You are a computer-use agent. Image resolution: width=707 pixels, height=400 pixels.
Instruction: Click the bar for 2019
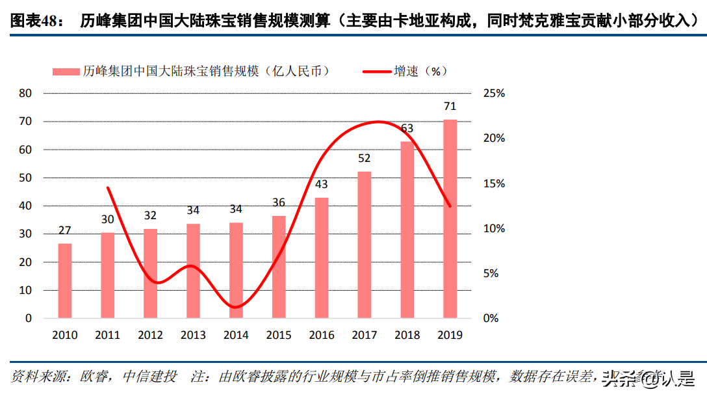pyautogui.click(x=450, y=219)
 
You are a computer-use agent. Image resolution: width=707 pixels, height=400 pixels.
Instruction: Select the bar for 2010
pyautogui.click(x=65, y=280)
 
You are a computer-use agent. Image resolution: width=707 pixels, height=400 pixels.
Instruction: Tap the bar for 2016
pyautogui.click(x=322, y=258)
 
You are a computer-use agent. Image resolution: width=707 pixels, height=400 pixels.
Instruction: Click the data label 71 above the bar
pyautogui.click(x=450, y=106)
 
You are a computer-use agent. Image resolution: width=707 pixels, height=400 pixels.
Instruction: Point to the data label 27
pyautogui.click(x=65, y=230)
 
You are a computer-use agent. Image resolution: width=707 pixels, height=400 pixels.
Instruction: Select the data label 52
pyautogui.click(x=365, y=158)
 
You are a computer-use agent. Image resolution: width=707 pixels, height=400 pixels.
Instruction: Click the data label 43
pyautogui.click(x=322, y=184)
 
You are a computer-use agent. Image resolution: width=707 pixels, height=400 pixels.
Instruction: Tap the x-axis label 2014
pyautogui.click(x=236, y=336)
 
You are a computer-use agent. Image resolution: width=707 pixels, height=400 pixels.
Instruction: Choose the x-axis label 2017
pyautogui.click(x=365, y=336)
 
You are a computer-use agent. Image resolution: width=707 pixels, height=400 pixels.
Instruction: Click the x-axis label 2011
pyautogui.click(x=107, y=336)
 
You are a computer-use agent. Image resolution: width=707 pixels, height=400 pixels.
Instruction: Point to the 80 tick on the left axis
pyautogui.click(x=25, y=94)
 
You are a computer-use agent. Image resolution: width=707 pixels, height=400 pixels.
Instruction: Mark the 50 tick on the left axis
pyautogui.click(x=25, y=178)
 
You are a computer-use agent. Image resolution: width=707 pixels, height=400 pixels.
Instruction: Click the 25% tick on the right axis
pyautogui.click(x=495, y=94)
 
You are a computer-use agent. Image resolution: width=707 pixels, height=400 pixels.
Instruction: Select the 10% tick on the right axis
pyautogui.click(x=495, y=229)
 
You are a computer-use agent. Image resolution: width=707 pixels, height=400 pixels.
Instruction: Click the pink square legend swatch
pyautogui.click(x=65, y=71)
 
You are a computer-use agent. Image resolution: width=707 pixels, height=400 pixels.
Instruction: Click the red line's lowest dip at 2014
pyautogui.click(x=236, y=307)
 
